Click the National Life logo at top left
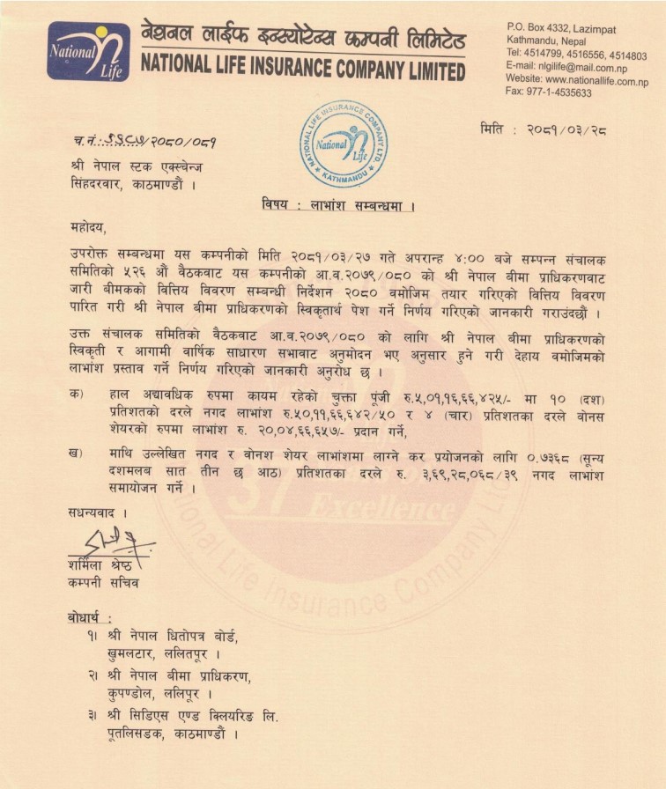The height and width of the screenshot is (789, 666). click(88, 51)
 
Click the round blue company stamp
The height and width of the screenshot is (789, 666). click(343, 144)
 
